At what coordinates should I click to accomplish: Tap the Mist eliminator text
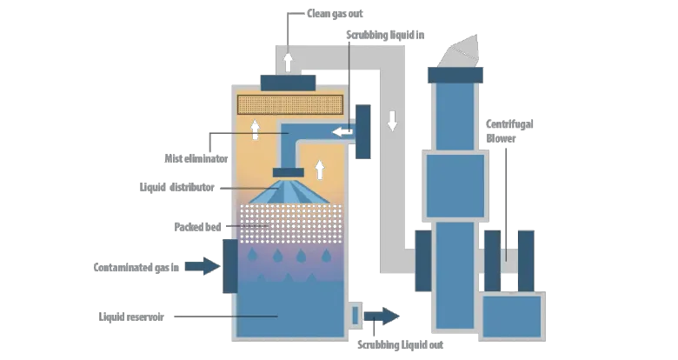(x=196, y=159)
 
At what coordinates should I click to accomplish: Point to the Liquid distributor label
(x=183, y=186)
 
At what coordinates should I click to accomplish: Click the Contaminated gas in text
(x=136, y=267)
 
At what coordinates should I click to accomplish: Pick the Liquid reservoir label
(x=133, y=317)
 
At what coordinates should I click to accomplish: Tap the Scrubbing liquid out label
(x=401, y=345)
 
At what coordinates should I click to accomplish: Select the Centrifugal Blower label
(x=510, y=131)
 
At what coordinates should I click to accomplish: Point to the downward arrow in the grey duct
(x=392, y=120)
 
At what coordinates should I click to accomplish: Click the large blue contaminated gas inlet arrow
(x=202, y=266)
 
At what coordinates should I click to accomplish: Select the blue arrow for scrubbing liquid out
(x=383, y=316)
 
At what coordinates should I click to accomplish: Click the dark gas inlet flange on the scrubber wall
(x=231, y=265)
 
